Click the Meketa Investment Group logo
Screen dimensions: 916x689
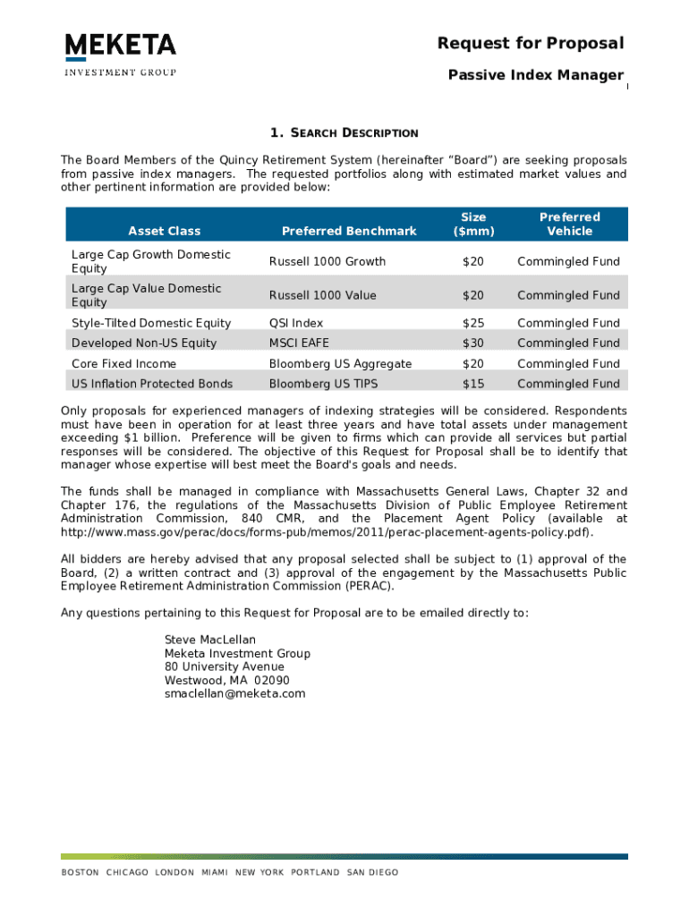pyautogui.click(x=120, y=55)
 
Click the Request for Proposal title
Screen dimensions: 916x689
pyautogui.click(x=530, y=44)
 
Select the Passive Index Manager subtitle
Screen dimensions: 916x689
pyautogui.click(x=535, y=75)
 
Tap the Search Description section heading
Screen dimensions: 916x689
pyautogui.click(x=344, y=133)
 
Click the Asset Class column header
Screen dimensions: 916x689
pyautogui.click(x=165, y=231)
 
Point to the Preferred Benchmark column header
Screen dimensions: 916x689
pyautogui.click(x=349, y=231)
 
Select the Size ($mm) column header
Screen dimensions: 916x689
pyautogui.click(x=473, y=224)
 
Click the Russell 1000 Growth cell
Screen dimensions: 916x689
pyautogui.click(x=327, y=261)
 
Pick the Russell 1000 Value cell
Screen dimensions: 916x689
pyautogui.click(x=323, y=295)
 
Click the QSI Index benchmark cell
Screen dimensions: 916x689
pyautogui.click(x=296, y=323)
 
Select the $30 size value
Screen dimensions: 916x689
pyautogui.click(x=472, y=343)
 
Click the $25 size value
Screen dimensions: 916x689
pyautogui.click(x=472, y=323)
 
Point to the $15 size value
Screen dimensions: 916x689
pyautogui.click(x=472, y=384)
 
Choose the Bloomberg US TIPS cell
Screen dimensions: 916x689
pyautogui.click(x=324, y=384)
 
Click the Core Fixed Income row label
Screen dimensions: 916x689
pyautogui.click(x=123, y=363)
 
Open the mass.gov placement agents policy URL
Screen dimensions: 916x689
pyautogui.click(x=327, y=532)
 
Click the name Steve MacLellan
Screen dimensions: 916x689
pyautogui.click(x=210, y=640)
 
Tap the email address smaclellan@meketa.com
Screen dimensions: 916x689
pyautogui.click(x=234, y=693)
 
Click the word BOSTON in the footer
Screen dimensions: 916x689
pyautogui.click(x=80, y=872)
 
